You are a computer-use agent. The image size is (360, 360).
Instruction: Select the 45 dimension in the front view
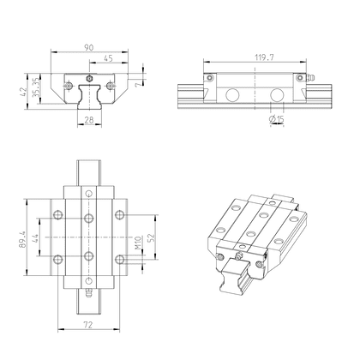(x=108, y=58)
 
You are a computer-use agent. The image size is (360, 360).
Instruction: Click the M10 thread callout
(x=138, y=249)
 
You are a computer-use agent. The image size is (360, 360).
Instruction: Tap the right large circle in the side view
(x=276, y=95)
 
